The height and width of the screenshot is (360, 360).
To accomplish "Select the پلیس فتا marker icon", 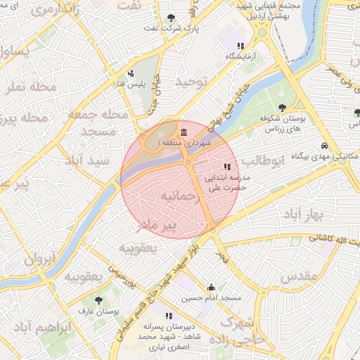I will [x=131, y=72].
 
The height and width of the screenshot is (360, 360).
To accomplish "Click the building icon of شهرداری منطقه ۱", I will [x=184, y=133].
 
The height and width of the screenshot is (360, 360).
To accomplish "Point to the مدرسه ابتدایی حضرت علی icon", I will [x=226, y=167].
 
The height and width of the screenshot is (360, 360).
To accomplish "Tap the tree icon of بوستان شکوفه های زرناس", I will [x=282, y=108].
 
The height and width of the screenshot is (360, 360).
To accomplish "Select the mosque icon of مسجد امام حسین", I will [x=211, y=287].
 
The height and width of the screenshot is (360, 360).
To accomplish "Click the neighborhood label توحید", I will [x=193, y=82].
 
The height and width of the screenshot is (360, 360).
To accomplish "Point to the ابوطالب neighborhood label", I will [x=268, y=161].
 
